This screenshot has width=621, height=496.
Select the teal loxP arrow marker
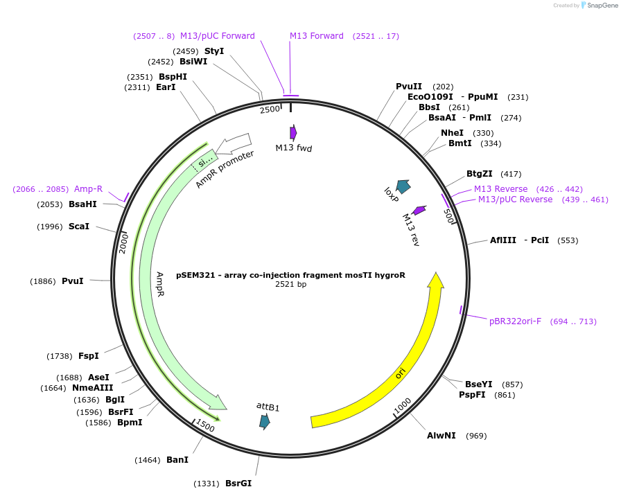click(x=403, y=186)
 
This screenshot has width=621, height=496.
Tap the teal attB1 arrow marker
click(x=264, y=422)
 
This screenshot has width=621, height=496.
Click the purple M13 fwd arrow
click(x=293, y=132)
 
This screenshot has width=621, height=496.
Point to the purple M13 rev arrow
click(x=419, y=210)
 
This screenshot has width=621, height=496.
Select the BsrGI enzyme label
click(x=238, y=484)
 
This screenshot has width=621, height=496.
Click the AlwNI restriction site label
click(x=441, y=436)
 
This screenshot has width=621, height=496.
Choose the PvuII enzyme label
click(x=409, y=87)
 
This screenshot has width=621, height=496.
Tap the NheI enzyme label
click(x=452, y=133)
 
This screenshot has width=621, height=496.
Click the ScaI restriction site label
click(x=79, y=227)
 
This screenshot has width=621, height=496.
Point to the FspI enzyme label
click(x=89, y=356)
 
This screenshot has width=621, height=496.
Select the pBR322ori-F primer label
click(x=515, y=321)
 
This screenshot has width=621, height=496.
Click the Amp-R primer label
click(x=88, y=189)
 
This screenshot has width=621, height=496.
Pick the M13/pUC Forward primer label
click(x=218, y=36)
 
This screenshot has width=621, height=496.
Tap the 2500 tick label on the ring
click(x=270, y=109)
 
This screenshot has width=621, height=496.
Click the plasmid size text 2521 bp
click(x=290, y=284)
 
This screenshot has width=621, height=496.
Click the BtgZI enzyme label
click(x=480, y=174)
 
